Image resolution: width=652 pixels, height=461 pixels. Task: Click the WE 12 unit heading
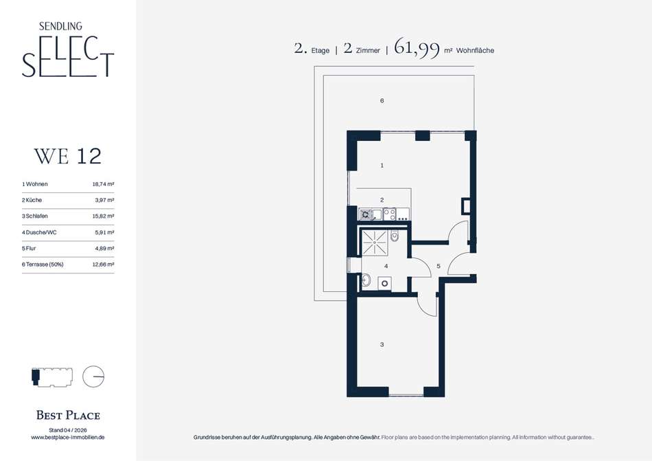tap(68, 157)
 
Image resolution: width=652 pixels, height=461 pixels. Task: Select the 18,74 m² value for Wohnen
tap(103, 184)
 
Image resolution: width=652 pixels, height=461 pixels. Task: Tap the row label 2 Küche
tap(32, 200)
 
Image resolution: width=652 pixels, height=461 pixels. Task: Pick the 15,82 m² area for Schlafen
tap(103, 216)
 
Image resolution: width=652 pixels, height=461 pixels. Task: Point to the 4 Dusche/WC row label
tap(39, 232)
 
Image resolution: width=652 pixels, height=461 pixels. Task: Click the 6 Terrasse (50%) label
tap(43, 265)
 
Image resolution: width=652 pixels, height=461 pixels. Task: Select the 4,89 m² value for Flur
tap(104, 249)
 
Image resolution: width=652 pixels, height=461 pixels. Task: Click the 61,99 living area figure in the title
tap(417, 48)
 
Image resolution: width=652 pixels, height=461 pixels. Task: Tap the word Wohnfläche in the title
tap(476, 50)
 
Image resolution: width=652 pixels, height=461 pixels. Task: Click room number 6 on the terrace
tap(382, 101)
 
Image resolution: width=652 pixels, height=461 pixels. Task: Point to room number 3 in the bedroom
tap(382, 344)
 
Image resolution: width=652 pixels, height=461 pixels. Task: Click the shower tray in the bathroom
tap(375, 242)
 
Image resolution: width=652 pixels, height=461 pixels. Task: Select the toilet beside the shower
tap(395, 236)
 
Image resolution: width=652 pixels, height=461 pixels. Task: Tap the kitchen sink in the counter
tap(366, 214)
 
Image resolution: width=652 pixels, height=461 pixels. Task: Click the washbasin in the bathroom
tap(366, 280)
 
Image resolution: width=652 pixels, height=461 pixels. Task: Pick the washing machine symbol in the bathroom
tap(385, 283)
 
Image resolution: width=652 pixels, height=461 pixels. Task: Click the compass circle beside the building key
tap(93, 376)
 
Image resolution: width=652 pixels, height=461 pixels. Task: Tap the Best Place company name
tap(68, 415)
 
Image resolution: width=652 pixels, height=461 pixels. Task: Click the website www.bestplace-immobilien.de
tap(68, 437)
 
